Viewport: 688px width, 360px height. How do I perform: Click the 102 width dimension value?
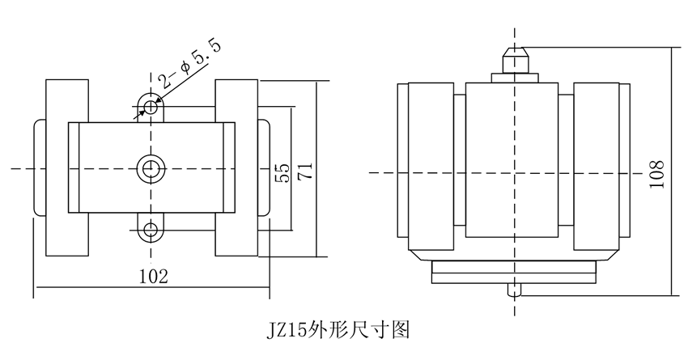(x=153, y=277)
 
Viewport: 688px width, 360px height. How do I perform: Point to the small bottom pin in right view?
(x=513, y=288)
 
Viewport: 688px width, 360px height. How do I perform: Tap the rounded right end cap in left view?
(x=264, y=167)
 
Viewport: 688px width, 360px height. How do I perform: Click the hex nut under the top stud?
(x=514, y=77)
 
